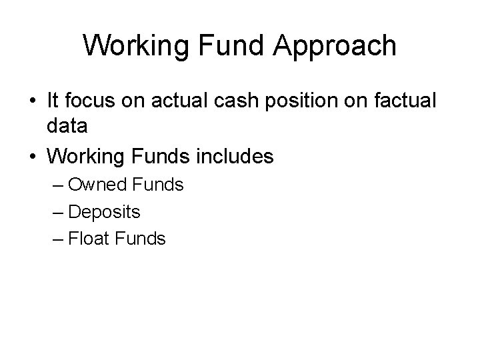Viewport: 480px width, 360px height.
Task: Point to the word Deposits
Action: (x=103, y=212)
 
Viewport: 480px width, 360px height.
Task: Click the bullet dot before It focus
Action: (x=31, y=101)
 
